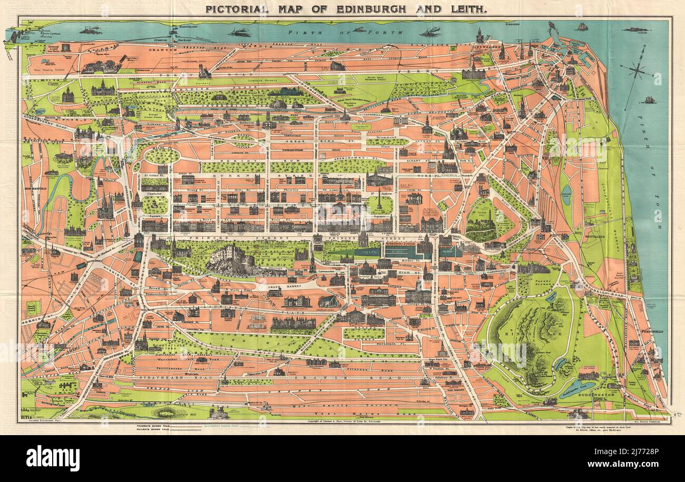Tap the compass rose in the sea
point(637,68)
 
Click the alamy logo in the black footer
point(53,458)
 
